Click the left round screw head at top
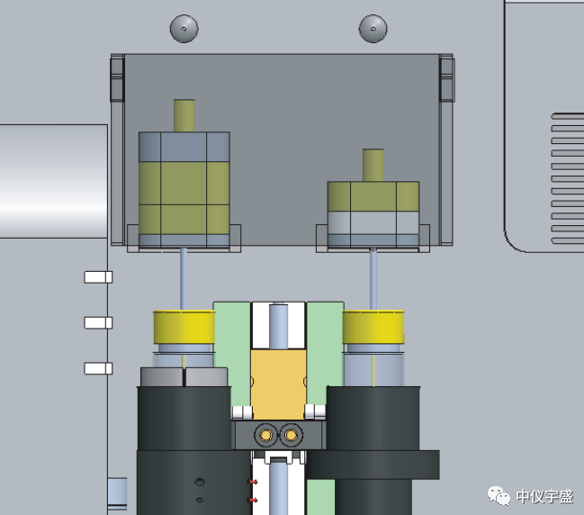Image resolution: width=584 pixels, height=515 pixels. coord(184,29)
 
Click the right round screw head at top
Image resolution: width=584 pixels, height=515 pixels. coord(373,29)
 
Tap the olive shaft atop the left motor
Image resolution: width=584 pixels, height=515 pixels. coord(184,115)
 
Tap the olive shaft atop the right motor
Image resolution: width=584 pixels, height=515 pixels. coord(373,165)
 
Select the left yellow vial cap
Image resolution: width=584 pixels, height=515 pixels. coord(184,327)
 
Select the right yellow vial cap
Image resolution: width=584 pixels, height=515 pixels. coord(373,327)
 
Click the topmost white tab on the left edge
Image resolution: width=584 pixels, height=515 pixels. coord(98,277)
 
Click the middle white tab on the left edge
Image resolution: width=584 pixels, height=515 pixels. coord(98,322)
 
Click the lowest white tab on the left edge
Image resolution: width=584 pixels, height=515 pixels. coord(98,368)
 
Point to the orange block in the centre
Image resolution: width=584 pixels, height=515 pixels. coord(279,384)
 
